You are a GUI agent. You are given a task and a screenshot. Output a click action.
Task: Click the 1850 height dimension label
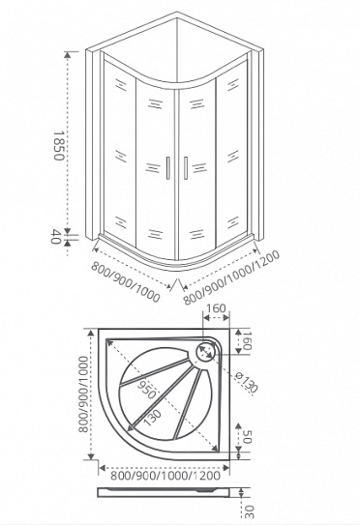point(57,146)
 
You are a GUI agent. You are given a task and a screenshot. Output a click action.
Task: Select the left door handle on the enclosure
point(167,168)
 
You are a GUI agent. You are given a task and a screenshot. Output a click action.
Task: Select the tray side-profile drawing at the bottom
point(165,492)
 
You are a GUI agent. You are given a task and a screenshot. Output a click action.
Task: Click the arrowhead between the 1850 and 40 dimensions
point(68,230)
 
